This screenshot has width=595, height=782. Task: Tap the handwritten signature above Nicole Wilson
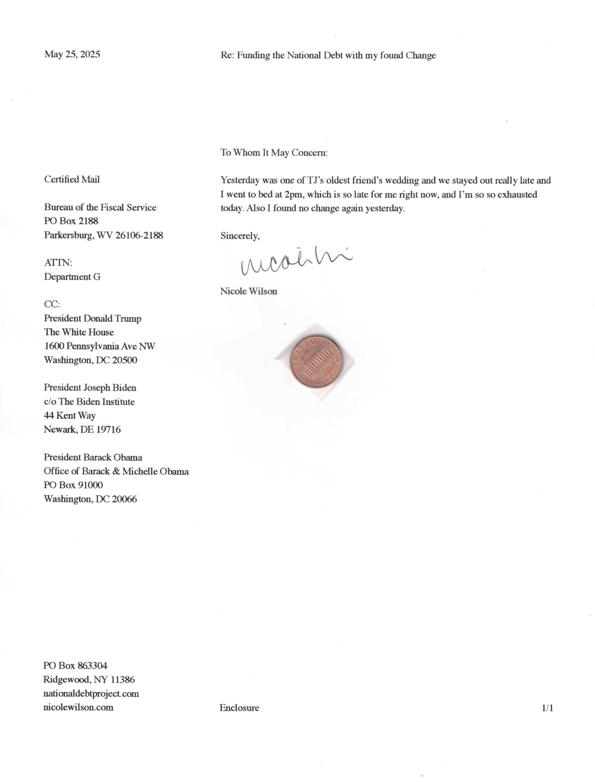[296, 262]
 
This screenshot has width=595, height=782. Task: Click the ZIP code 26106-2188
[139, 235]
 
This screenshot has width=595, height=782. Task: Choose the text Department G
[72, 277]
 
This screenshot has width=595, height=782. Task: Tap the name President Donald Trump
[92, 318]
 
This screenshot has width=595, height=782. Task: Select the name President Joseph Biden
[90, 388]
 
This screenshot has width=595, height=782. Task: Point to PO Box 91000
[73, 485]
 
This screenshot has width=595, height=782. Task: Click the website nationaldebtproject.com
[91, 693]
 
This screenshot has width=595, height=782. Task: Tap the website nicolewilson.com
[78, 707]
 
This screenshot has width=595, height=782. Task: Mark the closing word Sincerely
[240, 236]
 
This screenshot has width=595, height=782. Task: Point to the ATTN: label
[58, 263]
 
